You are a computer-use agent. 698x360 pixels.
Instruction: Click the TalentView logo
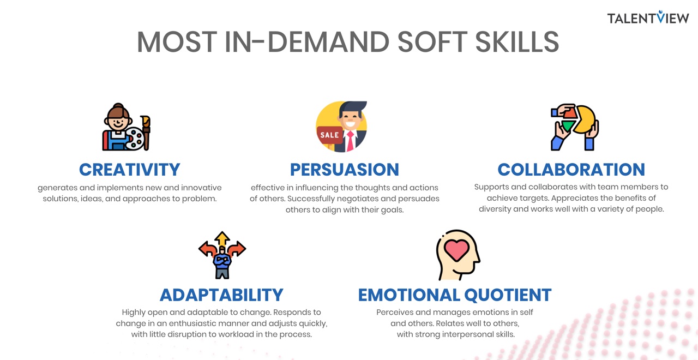(x=648, y=17)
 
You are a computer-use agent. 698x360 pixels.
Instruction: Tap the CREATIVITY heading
(x=130, y=170)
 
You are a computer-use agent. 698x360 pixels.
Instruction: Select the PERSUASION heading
(x=344, y=170)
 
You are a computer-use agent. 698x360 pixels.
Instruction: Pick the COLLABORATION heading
(x=571, y=170)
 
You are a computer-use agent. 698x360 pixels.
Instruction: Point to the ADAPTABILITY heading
(x=221, y=295)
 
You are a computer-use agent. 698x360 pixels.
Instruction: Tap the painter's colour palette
(x=135, y=138)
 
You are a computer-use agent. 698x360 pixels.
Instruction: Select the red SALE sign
(x=330, y=135)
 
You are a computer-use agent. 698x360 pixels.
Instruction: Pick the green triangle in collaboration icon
(x=568, y=126)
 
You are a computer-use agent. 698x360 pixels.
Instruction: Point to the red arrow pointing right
(x=237, y=249)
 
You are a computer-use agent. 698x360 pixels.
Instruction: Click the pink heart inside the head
(x=456, y=250)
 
